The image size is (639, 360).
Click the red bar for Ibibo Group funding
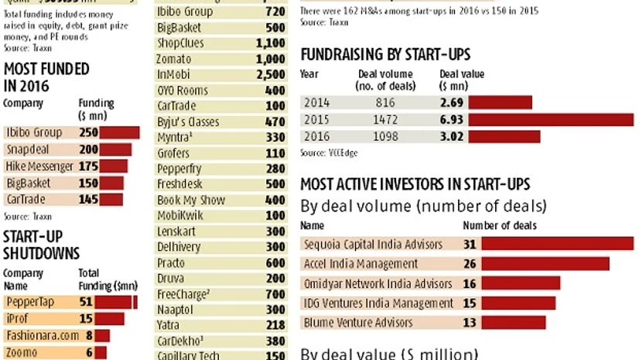[x=118, y=132]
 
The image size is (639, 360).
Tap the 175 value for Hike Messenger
[x=88, y=166]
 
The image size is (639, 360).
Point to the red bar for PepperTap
[x=116, y=302]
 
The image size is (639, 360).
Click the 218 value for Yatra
[x=275, y=325]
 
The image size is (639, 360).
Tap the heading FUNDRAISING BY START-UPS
[x=385, y=54]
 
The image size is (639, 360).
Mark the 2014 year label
[x=317, y=102]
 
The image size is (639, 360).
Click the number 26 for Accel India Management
[x=470, y=264]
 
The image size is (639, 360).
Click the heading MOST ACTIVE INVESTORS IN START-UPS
[x=415, y=184]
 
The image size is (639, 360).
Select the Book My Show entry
[x=190, y=200]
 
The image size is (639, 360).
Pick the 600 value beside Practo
[x=275, y=262]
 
